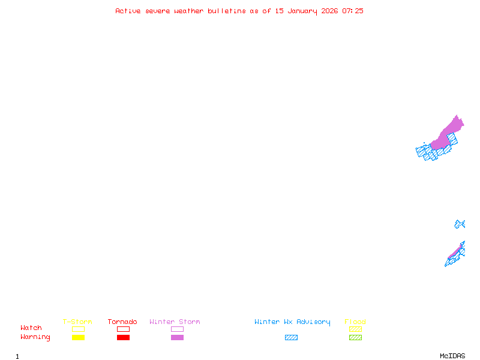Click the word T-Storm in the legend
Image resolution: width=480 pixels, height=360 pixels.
[77, 322]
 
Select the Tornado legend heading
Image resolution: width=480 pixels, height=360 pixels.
[122, 322]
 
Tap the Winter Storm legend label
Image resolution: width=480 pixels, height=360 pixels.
[175, 322]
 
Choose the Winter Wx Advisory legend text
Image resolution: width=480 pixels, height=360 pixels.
[292, 322]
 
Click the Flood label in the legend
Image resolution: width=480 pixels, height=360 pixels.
[355, 322]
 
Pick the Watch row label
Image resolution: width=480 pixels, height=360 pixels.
[31, 328]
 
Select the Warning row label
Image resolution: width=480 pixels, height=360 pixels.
[35, 337]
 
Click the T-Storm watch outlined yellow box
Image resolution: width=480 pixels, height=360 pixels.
[78, 329]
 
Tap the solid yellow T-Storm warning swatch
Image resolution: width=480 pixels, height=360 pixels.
[78, 337]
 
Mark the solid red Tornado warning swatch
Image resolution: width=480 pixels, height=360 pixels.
[123, 337]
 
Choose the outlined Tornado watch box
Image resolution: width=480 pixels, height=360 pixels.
[123, 329]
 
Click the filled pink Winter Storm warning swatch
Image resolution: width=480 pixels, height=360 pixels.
[177, 337]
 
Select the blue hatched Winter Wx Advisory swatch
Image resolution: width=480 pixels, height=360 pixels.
[291, 337]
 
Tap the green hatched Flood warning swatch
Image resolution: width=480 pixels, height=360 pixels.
[355, 337]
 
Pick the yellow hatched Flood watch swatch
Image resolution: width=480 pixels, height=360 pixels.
[355, 329]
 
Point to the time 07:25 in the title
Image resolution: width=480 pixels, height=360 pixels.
[353, 11]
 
